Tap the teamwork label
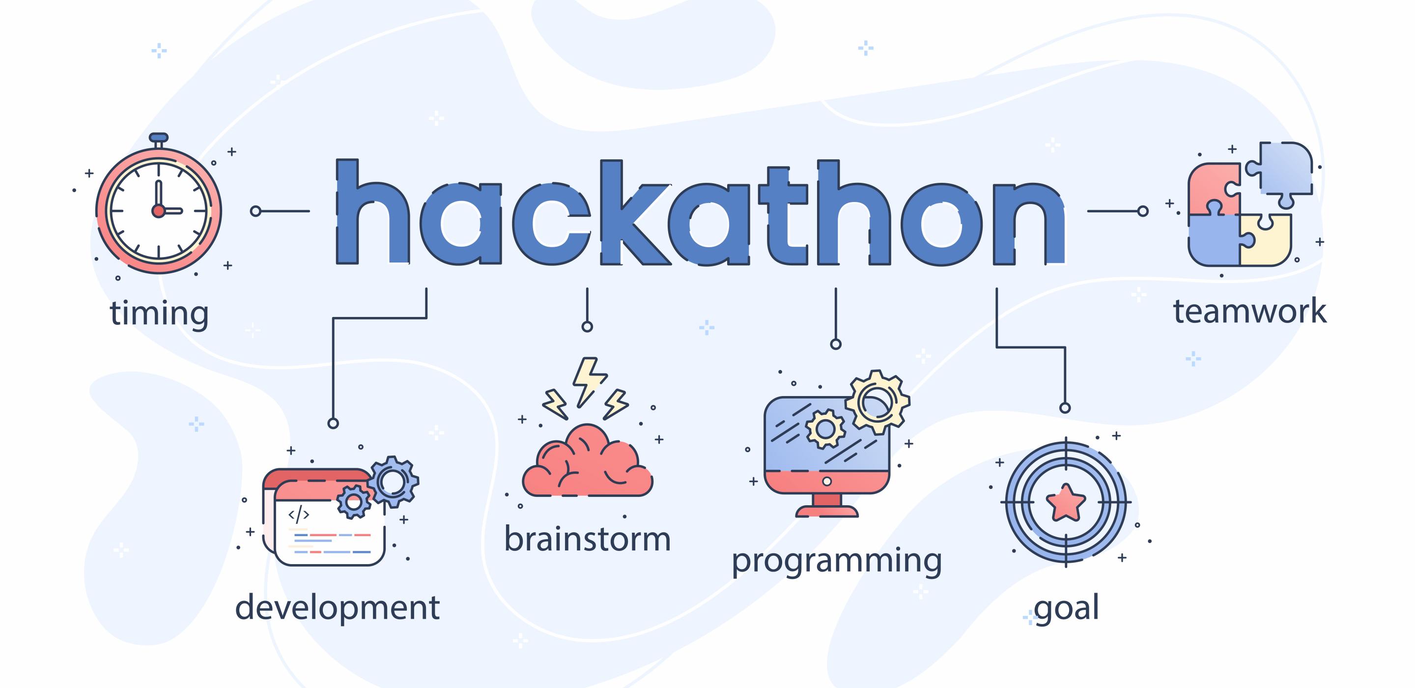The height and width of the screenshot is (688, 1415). [x=1249, y=312]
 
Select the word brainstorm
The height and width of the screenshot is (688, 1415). [x=587, y=539]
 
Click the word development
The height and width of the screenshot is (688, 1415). [x=337, y=608]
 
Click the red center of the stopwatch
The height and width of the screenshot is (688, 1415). [x=158, y=210]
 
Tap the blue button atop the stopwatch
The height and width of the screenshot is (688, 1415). [x=159, y=137]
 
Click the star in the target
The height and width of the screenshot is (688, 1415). [x=1066, y=502]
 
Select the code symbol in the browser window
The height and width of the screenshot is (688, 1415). [x=299, y=515]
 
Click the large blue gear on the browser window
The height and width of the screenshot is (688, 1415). [x=393, y=482]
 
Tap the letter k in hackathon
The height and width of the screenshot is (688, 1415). [x=634, y=212]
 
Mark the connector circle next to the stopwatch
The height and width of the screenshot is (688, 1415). [x=255, y=211]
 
